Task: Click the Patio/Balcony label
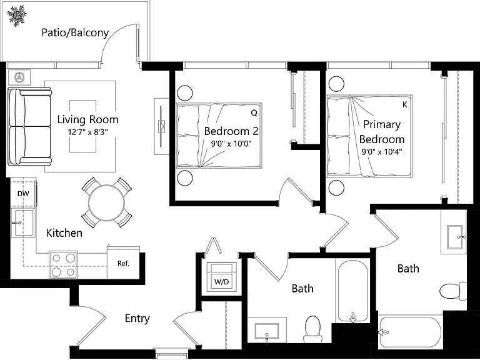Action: (75, 32)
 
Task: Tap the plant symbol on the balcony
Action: (17, 15)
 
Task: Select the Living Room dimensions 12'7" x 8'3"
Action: (88, 132)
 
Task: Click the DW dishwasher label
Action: (23, 194)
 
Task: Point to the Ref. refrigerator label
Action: (123, 264)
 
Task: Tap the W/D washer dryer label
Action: (221, 282)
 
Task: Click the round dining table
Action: (106, 202)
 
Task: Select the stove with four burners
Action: (63, 265)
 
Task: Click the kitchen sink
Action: (22, 222)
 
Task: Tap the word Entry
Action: (137, 319)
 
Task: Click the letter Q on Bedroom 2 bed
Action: (254, 113)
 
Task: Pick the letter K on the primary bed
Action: (405, 105)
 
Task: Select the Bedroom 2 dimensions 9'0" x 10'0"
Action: (231, 144)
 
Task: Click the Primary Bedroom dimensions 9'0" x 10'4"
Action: (382, 152)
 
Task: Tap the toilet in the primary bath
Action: (453, 291)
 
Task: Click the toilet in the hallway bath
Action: (313, 329)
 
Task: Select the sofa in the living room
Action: (30, 126)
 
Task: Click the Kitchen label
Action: (64, 233)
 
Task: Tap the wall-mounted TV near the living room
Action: (161, 126)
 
